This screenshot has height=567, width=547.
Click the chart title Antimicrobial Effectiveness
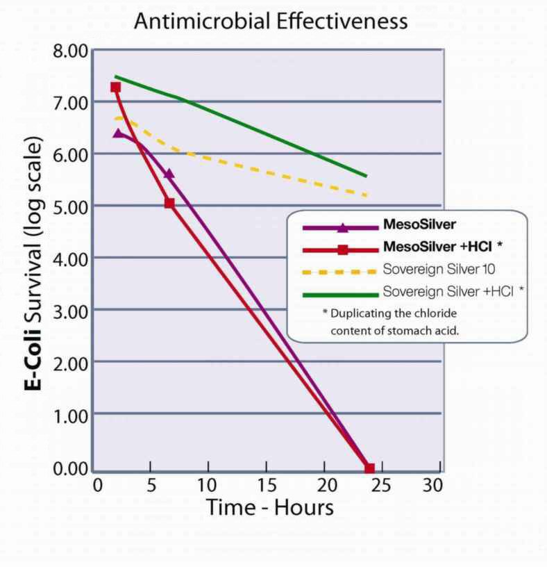click(271, 21)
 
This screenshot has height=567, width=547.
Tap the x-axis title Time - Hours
click(269, 507)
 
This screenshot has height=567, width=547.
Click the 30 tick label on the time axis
click(432, 484)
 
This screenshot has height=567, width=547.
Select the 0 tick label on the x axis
click(98, 484)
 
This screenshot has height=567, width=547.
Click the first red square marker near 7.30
click(116, 88)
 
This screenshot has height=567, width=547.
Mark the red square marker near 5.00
click(169, 203)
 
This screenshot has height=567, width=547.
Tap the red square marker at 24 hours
click(369, 468)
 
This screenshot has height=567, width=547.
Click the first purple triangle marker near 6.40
click(118, 133)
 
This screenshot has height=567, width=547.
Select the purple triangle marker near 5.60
click(169, 174)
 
